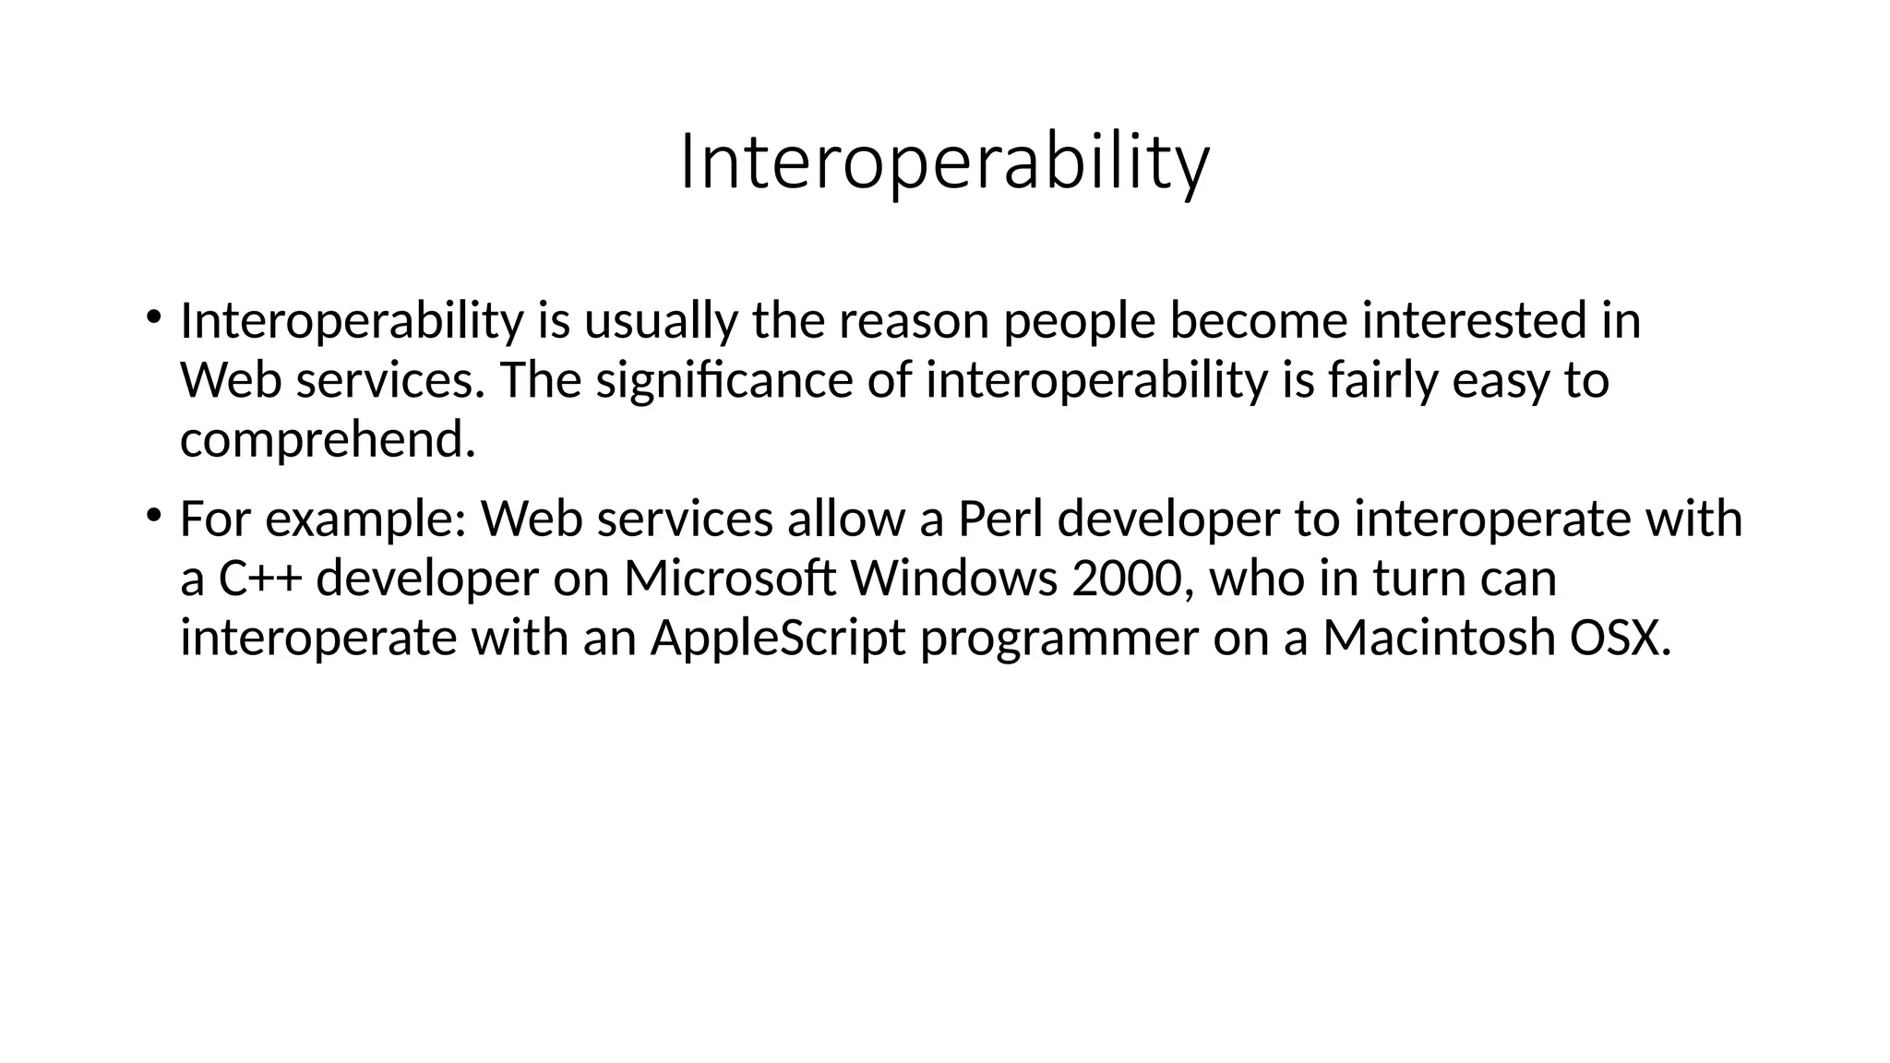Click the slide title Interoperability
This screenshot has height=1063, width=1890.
[x=944, y=163]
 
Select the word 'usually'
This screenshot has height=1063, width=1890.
[x=661, y=321]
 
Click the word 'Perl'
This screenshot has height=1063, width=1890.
[x=1000, y=519]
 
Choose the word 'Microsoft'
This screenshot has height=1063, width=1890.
[x=730, y=579]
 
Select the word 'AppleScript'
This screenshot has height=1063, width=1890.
[x=778, y=638]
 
